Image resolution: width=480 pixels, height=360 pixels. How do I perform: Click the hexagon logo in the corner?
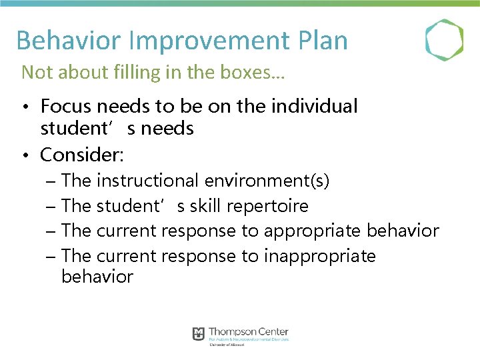pos(444,39)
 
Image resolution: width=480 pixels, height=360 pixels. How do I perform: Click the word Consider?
pos(81,155)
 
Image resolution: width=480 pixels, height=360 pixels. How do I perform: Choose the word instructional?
pos(147,181)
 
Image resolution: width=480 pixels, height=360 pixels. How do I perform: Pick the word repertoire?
pos(267,206)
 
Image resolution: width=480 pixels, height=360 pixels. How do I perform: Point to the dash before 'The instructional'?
pos(51,181)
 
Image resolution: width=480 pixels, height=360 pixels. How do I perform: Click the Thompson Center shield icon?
pos(198,333)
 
